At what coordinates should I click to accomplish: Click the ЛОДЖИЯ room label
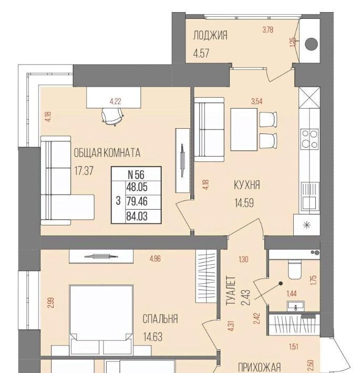210,36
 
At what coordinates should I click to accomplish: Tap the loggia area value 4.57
201,53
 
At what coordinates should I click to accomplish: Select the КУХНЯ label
247,185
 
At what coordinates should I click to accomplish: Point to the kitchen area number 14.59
244,203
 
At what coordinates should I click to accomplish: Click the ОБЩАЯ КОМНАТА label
107,153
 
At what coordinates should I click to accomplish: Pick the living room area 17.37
84,171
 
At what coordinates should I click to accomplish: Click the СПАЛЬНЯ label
160,319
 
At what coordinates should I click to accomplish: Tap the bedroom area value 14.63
153,337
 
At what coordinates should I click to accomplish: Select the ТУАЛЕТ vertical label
230,291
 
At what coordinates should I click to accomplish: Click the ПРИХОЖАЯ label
260,367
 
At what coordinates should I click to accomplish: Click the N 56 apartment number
136,174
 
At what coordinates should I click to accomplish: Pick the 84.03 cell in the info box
137,216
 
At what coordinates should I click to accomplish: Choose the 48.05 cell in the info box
137,187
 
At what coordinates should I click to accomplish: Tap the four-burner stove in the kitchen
310,139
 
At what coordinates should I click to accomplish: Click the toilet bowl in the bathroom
295,269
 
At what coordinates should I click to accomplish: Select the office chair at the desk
112,116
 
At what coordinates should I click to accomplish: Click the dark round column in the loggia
311,44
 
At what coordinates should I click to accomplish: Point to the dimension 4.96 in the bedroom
155,259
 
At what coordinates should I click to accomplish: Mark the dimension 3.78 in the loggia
268,30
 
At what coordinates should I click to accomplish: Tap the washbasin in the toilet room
295,306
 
